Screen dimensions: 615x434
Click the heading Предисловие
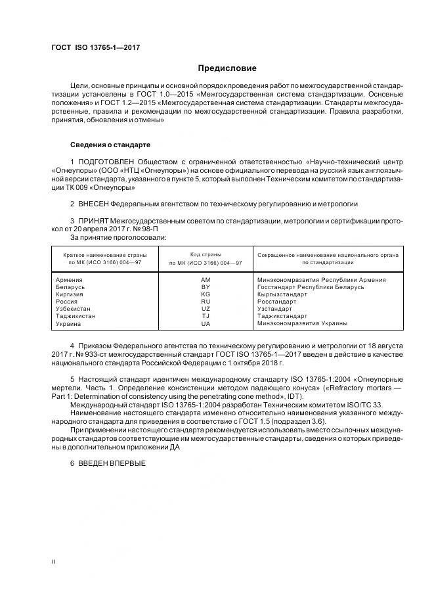tap(227, 68)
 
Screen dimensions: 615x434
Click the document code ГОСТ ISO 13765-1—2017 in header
tap(95, 48)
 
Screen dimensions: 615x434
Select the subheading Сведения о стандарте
tap(110, 145)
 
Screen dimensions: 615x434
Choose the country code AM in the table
tap(206, 280)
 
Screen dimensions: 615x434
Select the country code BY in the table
tap(206, 287)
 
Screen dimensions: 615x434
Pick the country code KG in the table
tap(206, 294)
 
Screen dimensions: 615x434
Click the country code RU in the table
tap(206, 302)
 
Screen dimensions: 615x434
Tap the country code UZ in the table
tap(206, 309)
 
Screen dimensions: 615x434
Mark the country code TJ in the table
tap(206, 316)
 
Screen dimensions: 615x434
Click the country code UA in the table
tap(206, 323)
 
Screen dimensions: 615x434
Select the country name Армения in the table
tap(70, 280)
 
